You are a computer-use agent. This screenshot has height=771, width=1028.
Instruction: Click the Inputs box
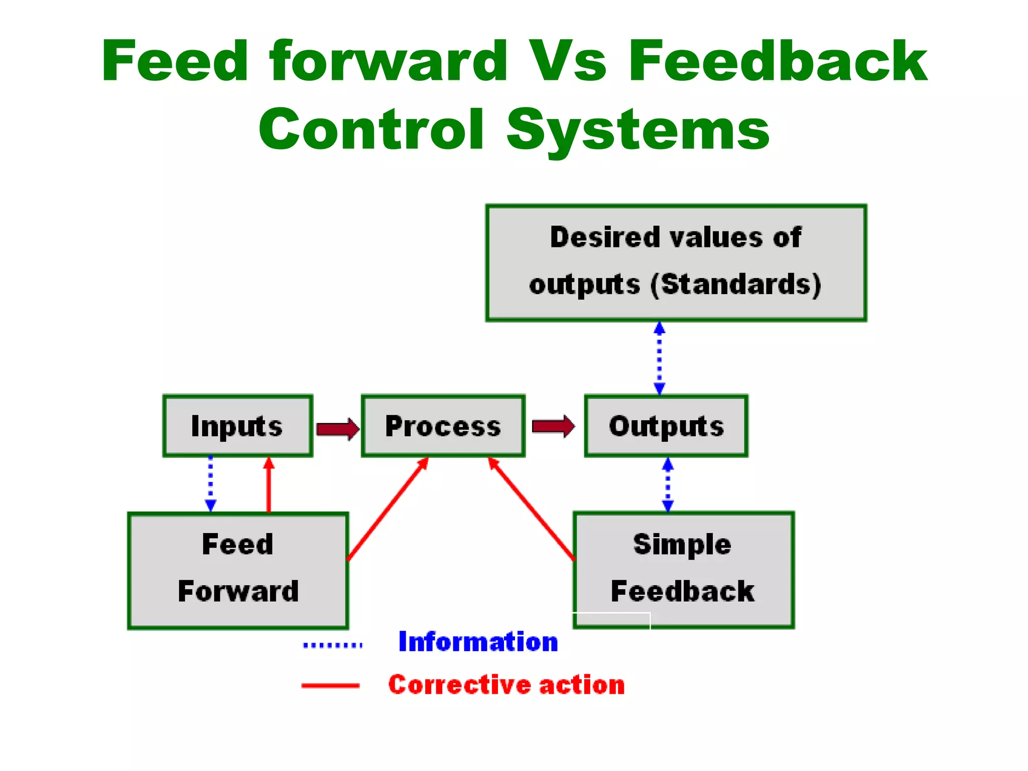point(237,426)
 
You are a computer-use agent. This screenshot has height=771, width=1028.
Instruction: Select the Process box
point(443,426)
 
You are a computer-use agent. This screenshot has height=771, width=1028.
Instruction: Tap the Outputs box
point(666,426)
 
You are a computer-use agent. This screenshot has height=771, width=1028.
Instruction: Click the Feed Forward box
point(238,570)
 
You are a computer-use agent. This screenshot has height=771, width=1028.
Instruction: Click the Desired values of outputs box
point(676,263)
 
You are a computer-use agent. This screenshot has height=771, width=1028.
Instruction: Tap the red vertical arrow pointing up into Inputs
point(269,485)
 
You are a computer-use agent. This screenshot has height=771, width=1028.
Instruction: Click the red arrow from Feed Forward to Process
point(387,509)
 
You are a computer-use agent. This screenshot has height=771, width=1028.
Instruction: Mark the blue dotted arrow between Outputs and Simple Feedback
point(668,484)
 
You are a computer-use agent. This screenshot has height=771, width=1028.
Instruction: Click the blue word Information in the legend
point(478,641)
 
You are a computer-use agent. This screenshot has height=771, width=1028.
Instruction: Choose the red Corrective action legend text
point(506,685)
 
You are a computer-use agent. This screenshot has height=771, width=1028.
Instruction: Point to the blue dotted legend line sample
point(332,645)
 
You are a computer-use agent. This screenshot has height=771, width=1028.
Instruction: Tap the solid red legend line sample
point(330,685)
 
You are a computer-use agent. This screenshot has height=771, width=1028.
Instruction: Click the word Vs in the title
point(568,61)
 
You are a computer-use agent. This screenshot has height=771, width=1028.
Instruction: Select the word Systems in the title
point(637,130)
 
